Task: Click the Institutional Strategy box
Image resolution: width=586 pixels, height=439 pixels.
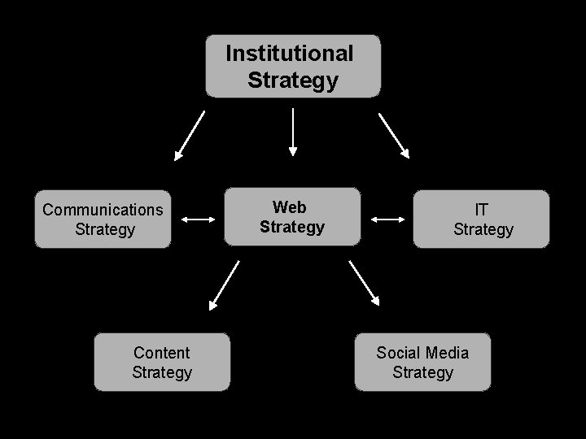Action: (x=292, y=67)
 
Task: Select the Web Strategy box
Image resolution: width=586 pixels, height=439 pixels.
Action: (x=292, y=217)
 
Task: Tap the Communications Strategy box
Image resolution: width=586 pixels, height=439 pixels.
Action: (x=103, y=219)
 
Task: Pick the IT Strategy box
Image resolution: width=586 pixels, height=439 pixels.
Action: (x=482, y=219)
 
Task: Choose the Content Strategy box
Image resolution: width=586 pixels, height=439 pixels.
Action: (x=162, y=363)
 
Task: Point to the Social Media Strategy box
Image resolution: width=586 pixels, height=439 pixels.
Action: (x=422, y=363)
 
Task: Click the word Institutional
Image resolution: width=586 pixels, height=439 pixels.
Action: (x=290, y=54)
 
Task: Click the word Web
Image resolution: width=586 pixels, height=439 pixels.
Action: (x=289, y=207)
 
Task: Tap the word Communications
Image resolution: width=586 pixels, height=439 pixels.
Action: (x=103, y=210)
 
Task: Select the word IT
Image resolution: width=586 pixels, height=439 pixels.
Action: (x=482, y=210)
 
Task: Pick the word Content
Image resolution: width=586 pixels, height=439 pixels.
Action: (x=161, y=353)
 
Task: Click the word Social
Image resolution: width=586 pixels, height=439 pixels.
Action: (x=398, y=353)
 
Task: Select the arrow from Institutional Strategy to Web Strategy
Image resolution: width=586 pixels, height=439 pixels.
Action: (x=293, y=132)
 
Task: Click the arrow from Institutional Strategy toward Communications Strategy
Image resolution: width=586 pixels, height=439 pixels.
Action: (x=190, y=136)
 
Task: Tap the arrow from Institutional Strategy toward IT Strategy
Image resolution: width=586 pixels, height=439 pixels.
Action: (x=394, y=135)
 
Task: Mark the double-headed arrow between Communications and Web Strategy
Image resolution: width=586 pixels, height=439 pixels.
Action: (x=197, y=219)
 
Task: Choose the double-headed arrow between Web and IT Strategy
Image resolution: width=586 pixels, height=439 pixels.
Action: (x=387, y=219)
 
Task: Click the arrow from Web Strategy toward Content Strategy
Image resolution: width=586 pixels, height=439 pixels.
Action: (x=225, y=285)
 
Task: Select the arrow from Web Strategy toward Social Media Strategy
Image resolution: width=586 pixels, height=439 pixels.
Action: (x=365, y=283)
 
